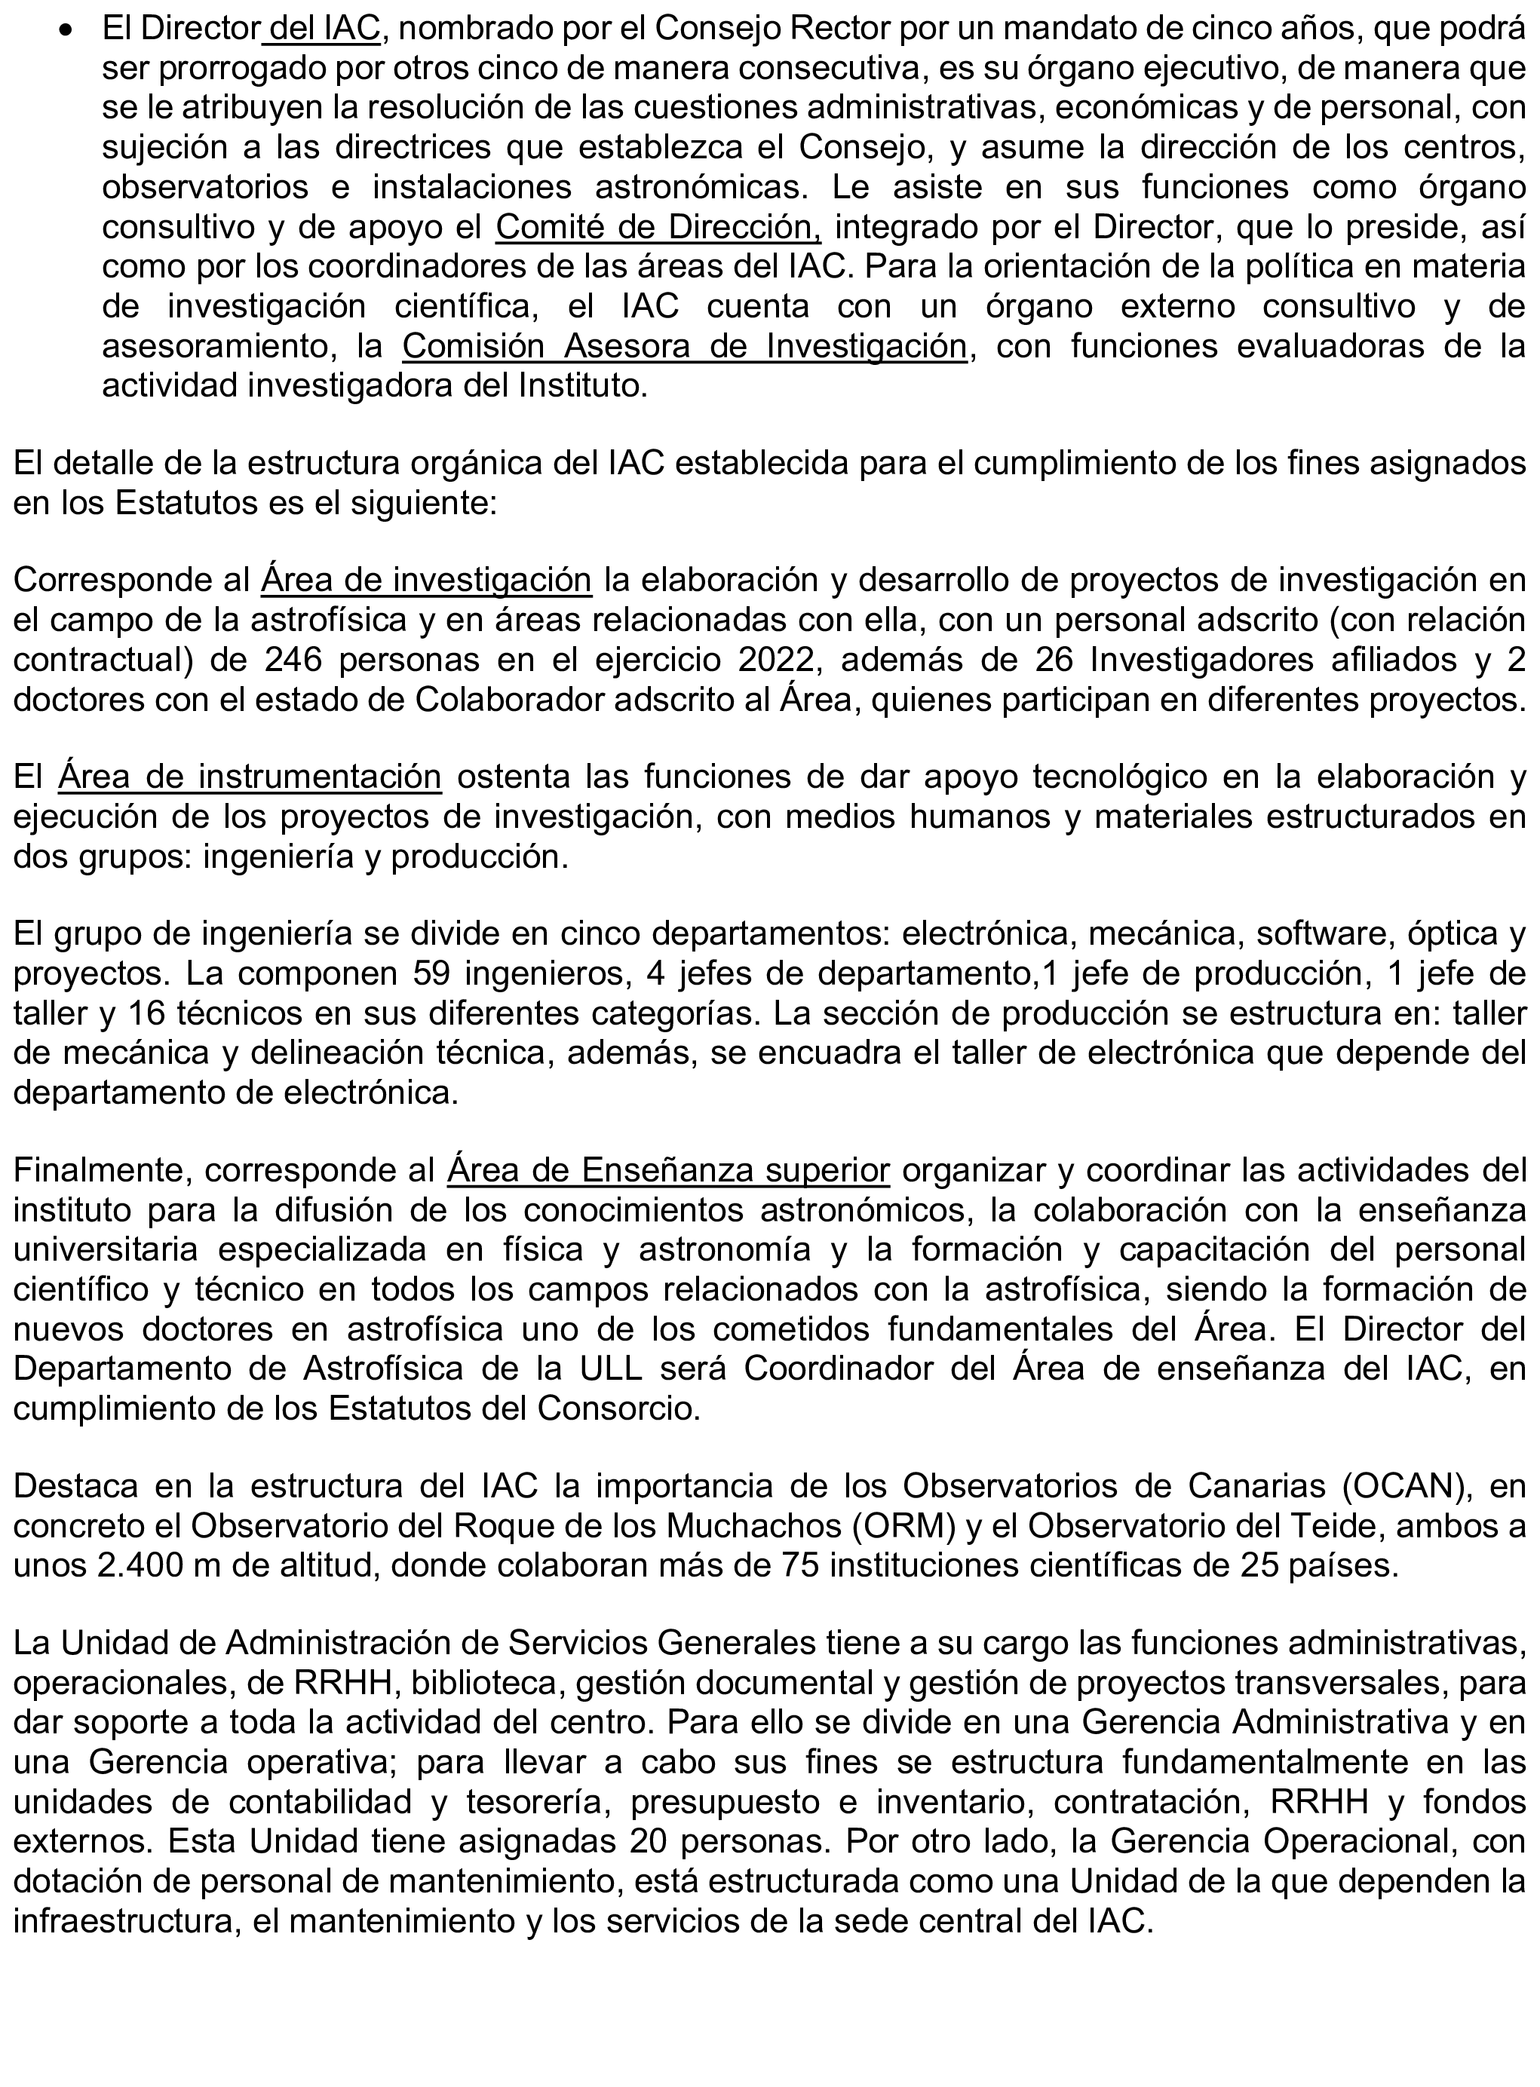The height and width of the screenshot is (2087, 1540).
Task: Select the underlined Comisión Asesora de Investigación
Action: click(x=684, y=347)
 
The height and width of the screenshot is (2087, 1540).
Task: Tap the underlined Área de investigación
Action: click(x=426, y=581)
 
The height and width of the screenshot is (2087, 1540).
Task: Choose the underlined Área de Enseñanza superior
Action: click(x=668, y=1170)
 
